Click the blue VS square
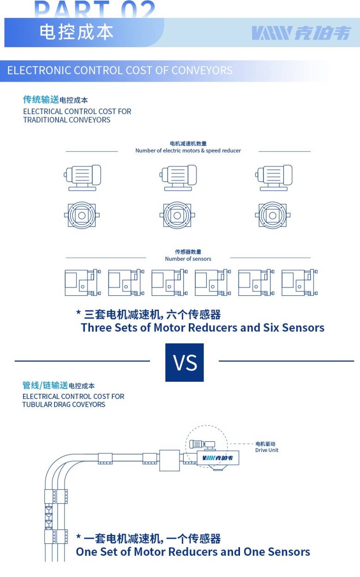pos(184,362)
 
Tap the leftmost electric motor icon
pos(83,178)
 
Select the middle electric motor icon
pos(178,178)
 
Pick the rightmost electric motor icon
pos(274,178)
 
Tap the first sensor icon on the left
pos(83,282)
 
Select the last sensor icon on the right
pos(300,282)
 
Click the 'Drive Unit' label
pos(266,450)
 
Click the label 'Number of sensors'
pos(188,258)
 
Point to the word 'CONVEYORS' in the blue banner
pos(202,70)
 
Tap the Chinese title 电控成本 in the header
pos(77,32)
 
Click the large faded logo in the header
pos(301,33)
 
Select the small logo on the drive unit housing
pos(217,458)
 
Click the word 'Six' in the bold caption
pos(271,328)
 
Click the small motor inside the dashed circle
pos(202,444)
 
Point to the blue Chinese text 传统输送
pos(41,99)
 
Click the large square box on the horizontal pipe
pos(169,460)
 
